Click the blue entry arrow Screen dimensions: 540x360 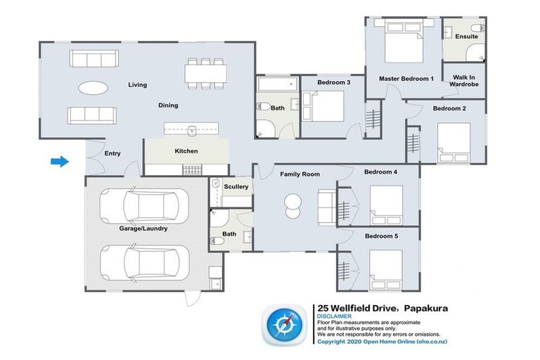coord(60,161)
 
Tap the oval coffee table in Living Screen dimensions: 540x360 coord(93,87)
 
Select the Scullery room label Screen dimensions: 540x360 coord(236,187)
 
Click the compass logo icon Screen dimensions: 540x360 coord(285,325)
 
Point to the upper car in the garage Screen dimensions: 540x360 coord(144,206)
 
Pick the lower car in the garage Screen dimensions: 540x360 coord(144,263)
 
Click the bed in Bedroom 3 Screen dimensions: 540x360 coord(323,105)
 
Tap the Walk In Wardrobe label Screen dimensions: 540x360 coord(464,81)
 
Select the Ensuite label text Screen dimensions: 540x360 coord(466,36)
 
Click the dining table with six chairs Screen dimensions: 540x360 coord(205,73)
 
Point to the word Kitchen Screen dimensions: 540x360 coord(186,151)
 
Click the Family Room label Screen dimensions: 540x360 coord(300,174)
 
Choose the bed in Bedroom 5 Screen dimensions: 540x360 coord(386,269)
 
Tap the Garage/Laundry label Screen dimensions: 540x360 coord(143,229)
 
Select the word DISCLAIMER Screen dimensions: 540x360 coord(335,316)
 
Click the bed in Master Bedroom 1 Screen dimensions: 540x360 coord(404,42)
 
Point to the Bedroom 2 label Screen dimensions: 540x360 coord(449,108)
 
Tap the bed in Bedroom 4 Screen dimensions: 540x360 coord(386,205)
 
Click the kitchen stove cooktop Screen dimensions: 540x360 coord(192,170)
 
